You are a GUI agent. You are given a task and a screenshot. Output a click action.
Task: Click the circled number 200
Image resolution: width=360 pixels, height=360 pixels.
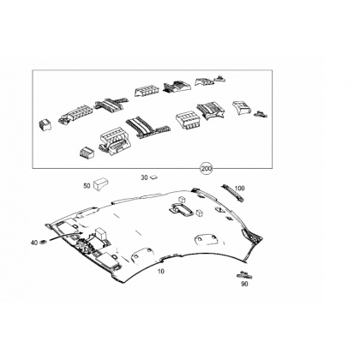[x=206, y=169]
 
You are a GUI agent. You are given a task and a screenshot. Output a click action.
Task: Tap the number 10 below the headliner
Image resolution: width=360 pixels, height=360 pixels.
[x=161, y=271]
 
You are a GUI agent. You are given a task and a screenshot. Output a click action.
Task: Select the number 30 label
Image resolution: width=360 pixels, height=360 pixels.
[x=144, y=177]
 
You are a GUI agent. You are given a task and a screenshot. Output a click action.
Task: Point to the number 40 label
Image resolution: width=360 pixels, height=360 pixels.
[x=34, y=243]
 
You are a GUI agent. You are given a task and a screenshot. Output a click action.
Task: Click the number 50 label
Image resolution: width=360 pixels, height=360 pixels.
[x=87, y=186]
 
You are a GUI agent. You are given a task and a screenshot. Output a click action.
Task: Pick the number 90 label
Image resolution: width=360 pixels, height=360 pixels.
[x=244, y=284]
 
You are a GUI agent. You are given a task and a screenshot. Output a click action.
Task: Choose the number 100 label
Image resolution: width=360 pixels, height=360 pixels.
[x=240, y=189]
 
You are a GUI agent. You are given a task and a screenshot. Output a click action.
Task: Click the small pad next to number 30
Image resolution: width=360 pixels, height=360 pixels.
[x=154, y=177]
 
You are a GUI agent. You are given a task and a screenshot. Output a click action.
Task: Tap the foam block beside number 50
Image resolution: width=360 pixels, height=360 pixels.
[x=99, y=183]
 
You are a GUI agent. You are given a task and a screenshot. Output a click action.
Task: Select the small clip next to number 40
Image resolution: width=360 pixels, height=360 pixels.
[x=44, y=242]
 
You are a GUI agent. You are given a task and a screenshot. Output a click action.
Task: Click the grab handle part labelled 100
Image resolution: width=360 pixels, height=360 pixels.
[x=233, y=194]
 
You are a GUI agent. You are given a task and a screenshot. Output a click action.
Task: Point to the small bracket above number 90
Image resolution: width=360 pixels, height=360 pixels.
[x=244, y=275]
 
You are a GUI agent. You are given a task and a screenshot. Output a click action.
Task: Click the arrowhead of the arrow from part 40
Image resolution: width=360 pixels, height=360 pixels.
[x=81, y=233]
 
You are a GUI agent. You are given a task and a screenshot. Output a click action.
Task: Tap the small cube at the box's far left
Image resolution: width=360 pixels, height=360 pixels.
[x=45, y=125]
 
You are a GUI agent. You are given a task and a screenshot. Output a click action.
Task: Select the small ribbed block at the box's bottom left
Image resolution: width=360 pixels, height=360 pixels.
[x=87, y=152]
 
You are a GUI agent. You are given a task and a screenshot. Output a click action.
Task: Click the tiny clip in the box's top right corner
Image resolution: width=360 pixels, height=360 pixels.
[x=219, y=78]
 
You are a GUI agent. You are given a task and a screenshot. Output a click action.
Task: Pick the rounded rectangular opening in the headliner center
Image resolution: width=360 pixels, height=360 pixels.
[x=182, y=209]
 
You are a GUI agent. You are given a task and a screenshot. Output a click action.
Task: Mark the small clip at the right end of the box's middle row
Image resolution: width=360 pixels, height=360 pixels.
[x=261, y=114]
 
